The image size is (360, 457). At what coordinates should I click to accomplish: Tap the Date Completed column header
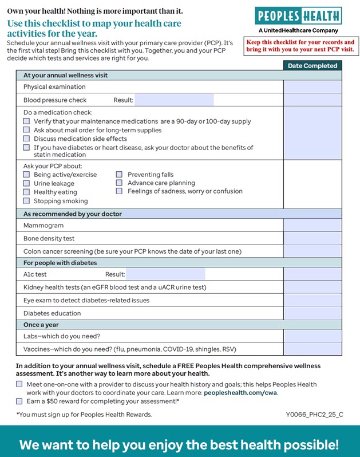[312, 66]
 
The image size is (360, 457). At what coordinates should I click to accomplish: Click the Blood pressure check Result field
[174, 100]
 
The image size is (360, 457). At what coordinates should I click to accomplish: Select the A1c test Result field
[166, 274]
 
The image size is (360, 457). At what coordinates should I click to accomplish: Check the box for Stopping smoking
[26, 201]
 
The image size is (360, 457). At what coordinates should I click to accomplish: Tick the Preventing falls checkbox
[119, 175]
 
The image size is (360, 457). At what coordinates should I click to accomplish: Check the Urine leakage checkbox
[26, 183]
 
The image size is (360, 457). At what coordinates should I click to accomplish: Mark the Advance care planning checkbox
[119, 183]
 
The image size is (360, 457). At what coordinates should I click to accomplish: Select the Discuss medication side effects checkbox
[26, 139]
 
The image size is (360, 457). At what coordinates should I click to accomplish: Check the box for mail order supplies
[26, 130]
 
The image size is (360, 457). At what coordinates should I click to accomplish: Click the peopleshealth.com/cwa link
[240, 393]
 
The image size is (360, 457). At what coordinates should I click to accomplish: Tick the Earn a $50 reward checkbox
[19, 401]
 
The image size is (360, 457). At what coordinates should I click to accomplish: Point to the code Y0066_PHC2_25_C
[314, 415]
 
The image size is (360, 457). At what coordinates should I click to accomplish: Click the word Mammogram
[39, 226]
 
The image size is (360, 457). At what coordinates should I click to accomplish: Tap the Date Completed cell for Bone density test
[312, 238]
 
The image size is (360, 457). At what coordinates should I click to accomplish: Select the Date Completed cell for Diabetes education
[312, 313]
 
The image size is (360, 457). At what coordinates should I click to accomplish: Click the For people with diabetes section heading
[60, 263]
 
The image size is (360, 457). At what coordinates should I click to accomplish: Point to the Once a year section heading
[41, 325]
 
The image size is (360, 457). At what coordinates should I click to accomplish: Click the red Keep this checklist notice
[300, 46]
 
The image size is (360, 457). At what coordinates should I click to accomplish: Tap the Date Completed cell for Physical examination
[312, 87]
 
